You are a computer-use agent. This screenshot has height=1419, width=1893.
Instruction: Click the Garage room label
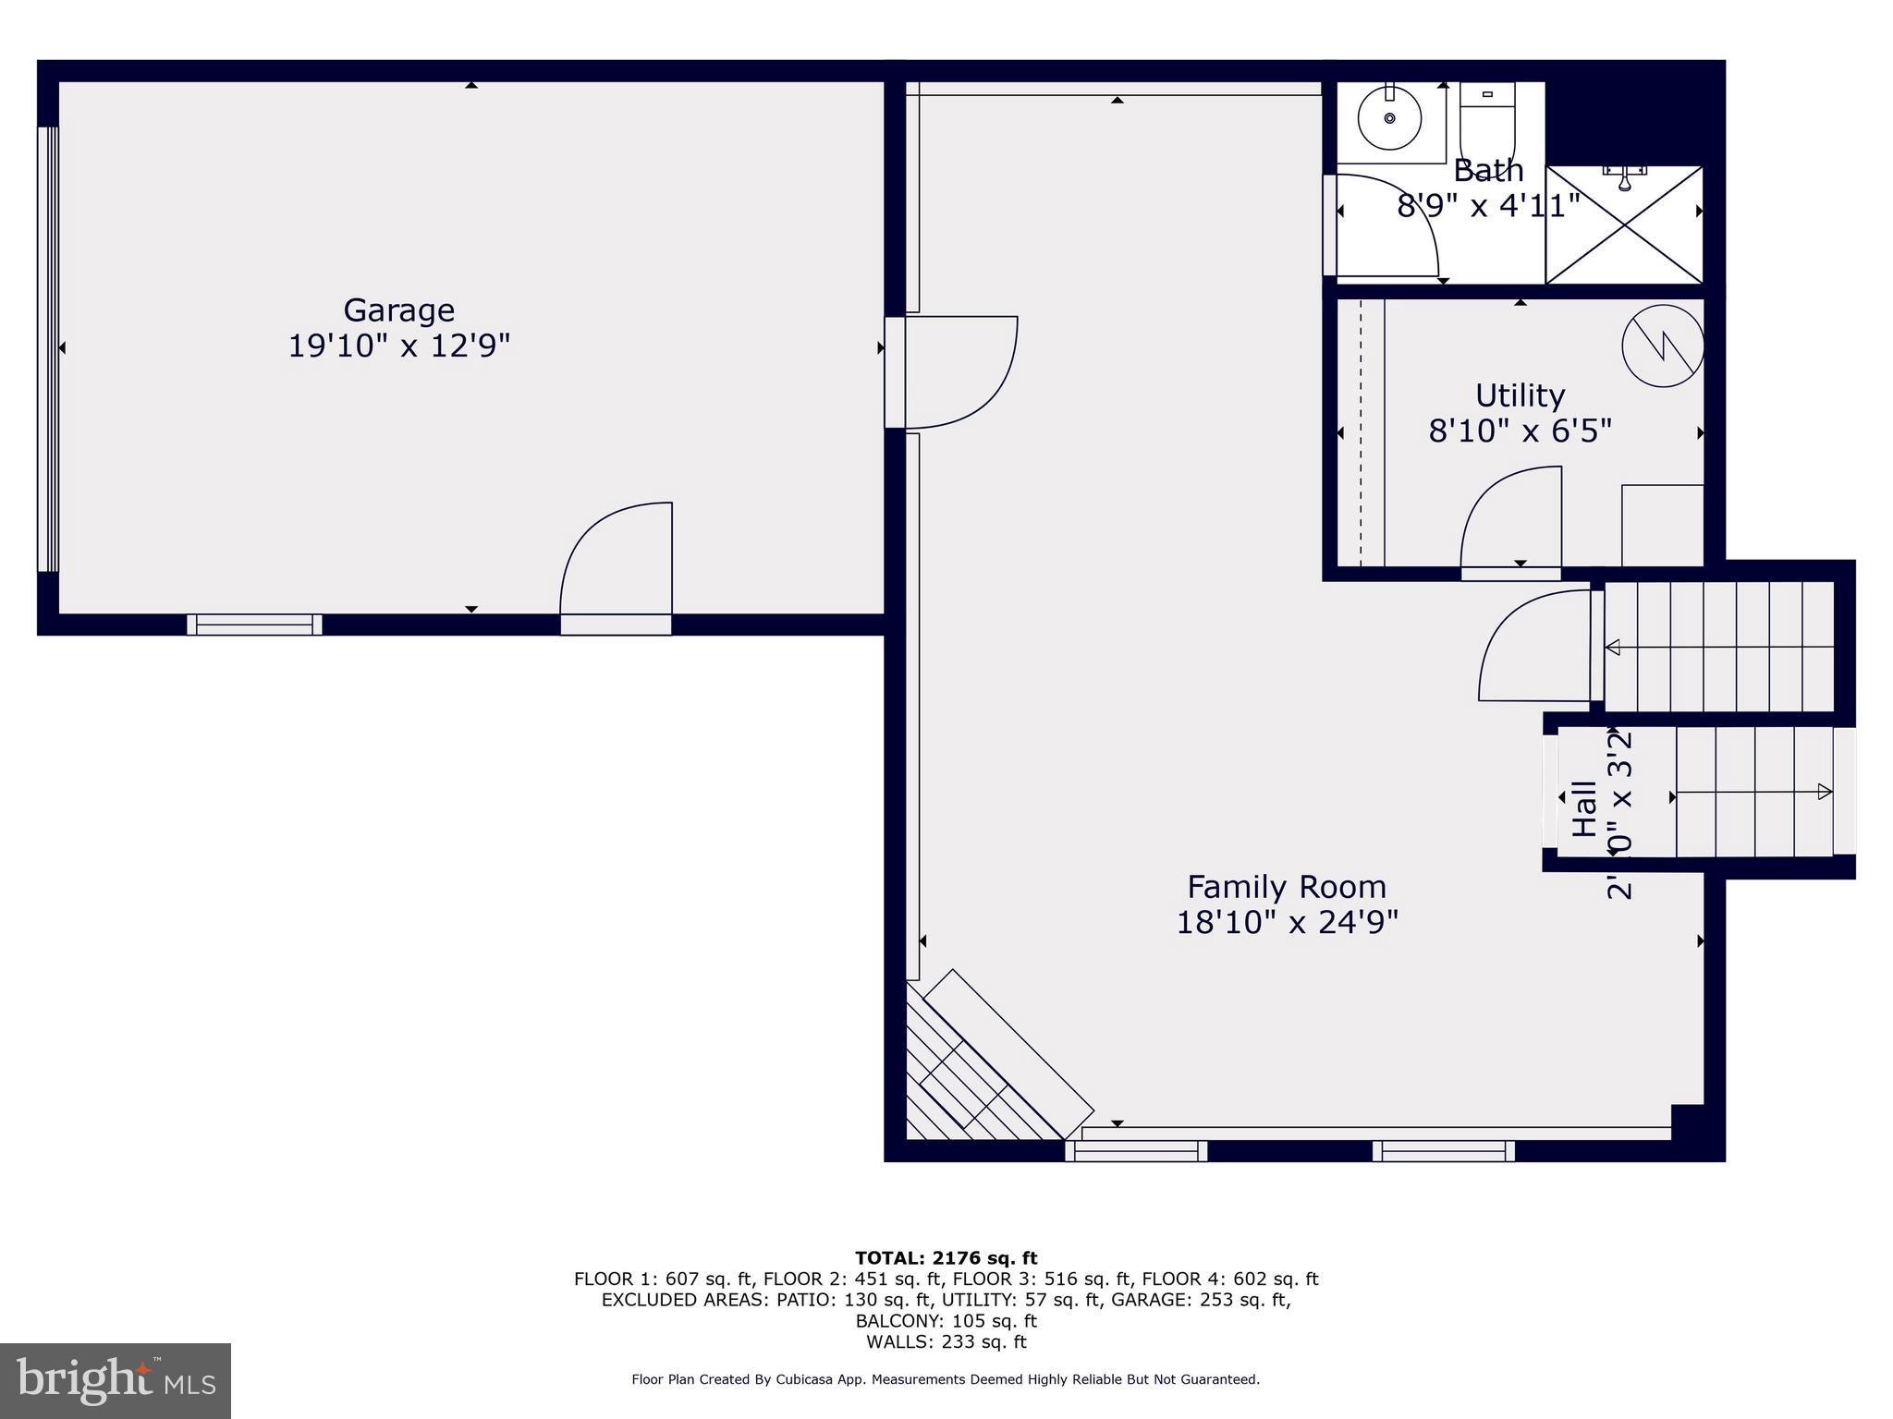(398, 310)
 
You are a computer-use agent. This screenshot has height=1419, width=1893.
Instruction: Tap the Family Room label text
(1286, 887)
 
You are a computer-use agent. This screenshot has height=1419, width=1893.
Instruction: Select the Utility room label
(1520, 395)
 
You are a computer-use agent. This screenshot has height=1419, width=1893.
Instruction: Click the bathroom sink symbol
(1388, 118)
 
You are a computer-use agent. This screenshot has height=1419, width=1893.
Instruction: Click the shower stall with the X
(1624, 225)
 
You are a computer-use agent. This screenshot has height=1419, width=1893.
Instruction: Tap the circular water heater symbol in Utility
(1663, 346)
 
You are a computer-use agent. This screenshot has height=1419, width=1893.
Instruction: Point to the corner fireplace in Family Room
(989, 1062)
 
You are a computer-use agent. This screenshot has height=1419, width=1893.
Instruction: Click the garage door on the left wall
(48, 348)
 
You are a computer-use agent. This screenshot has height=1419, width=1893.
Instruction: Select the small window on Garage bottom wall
(254, 625)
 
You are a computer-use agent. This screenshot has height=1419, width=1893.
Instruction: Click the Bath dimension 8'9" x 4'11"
(1487, 205)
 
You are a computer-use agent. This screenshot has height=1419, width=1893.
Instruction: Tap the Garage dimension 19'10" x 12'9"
(398, 346)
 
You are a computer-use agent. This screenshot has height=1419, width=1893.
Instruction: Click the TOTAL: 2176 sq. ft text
(946, 1257)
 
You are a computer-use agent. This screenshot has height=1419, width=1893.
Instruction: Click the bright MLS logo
(116, 1380)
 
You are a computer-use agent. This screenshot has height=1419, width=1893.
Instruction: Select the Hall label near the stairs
(1584, 809)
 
